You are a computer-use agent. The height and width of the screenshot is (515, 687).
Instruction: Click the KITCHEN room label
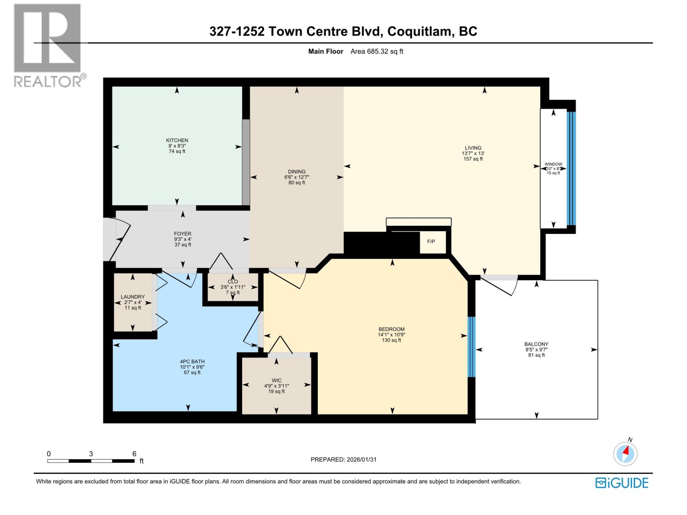click(x=177, y=140)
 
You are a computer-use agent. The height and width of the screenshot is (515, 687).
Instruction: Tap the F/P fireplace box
click(x=431, y=242)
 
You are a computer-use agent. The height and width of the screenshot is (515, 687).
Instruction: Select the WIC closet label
click(x=277, y=380)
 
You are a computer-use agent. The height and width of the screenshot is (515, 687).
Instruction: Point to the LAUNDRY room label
click(x=133, y=297)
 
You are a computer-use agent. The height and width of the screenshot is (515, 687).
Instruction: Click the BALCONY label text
click(x=536, y=344)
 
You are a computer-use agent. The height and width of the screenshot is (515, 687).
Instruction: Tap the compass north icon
click(x=625, y=453)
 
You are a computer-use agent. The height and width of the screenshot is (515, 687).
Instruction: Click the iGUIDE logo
click(x=621, y=483)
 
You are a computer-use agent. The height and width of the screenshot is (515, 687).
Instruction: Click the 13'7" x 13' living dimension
click(x=473, y=153)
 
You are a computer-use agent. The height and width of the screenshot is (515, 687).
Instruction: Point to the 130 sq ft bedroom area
click(x=391, y=340)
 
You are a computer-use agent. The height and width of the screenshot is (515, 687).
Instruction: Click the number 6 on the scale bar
click(x=134, y=454)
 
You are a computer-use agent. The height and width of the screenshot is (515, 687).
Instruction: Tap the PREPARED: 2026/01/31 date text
click(x=343, y=459)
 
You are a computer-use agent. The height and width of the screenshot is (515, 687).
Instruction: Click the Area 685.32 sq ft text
click(x=377, y=51)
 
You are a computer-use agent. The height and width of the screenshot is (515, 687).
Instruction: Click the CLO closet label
click(x=233, y=282)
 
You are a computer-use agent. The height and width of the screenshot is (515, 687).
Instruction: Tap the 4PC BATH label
click(x=192, y=361)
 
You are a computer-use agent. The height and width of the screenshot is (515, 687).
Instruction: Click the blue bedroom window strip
click(x=471, y=347)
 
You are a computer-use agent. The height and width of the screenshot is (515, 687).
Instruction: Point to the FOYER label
click(x=182, y=234)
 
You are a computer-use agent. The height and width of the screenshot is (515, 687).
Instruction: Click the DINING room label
click(x=296, y=172)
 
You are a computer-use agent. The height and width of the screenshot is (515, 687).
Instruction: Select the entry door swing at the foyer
click(x=119, y=238)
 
